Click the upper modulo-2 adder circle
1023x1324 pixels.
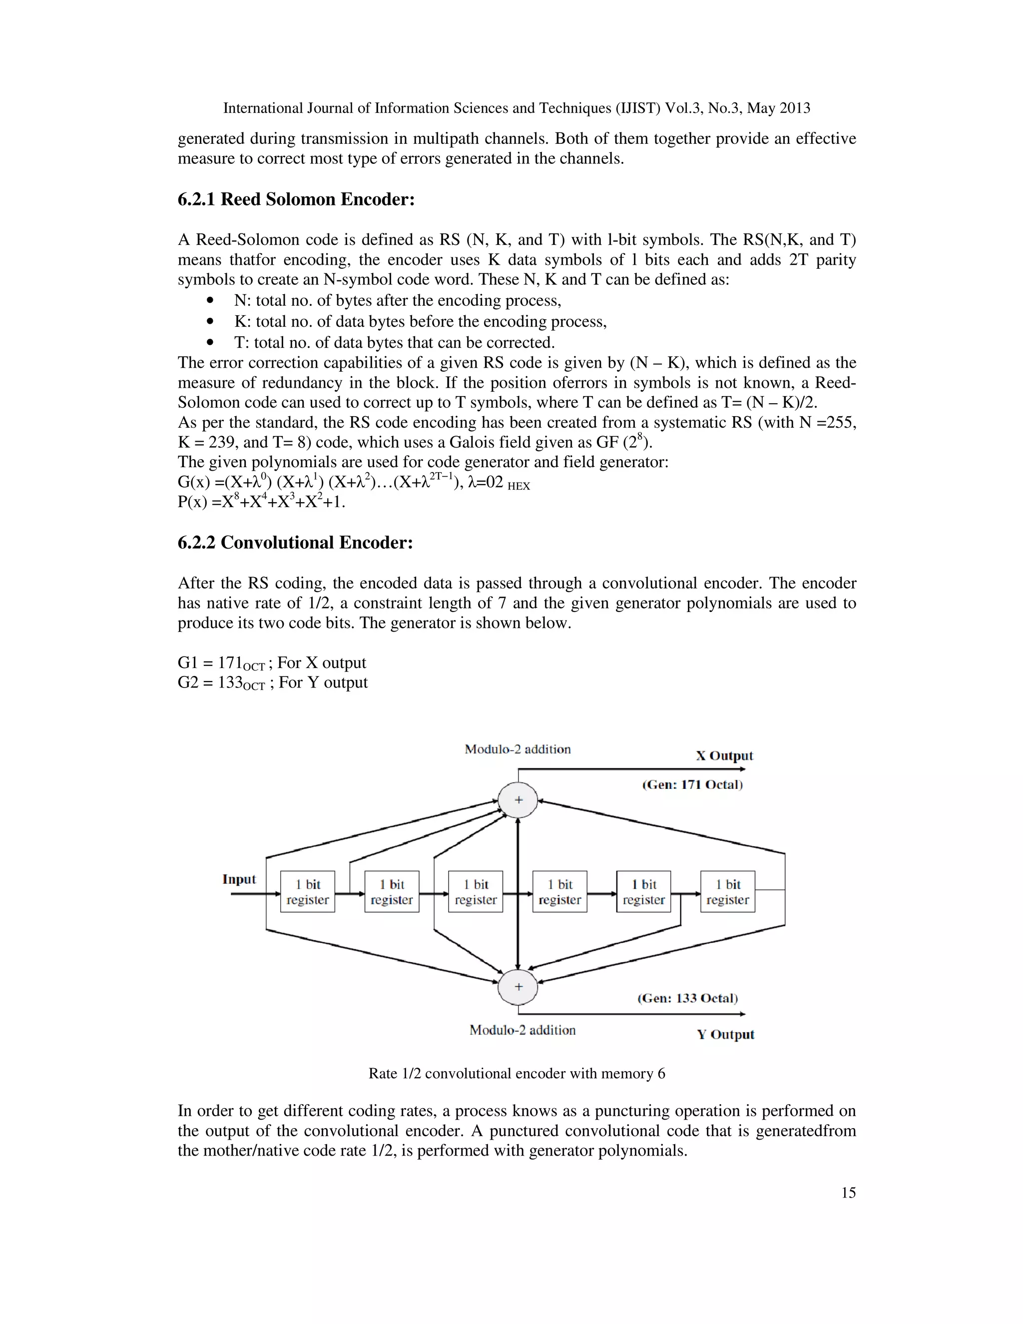[x=517, y=799]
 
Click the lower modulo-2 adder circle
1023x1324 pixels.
[x=517, y=986]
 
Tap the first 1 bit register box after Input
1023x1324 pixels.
[x=307, y=892]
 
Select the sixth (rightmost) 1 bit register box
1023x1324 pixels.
[x=727, y=892]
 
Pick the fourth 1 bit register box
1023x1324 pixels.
[x=559, y=892]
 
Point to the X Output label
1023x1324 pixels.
[x=724, y=756]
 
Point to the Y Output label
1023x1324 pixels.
[x=725, y=1034]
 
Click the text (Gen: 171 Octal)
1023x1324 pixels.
[x=692, y=784]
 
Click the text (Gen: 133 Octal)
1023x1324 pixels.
[x=687, y=998]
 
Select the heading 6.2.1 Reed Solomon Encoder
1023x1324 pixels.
[x=296, y=199]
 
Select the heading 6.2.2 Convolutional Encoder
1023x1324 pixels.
[x=295, y=543]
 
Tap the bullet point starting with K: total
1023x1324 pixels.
[x=420, y=321]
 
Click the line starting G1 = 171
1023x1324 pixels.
[x=272, y=662]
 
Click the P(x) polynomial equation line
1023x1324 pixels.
[x=261, y=503]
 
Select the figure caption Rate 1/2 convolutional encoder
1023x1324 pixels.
[x=516, y=1074]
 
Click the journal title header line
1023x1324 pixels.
[x=516, y=108]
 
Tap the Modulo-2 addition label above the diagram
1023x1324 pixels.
[x=517, y=749]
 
